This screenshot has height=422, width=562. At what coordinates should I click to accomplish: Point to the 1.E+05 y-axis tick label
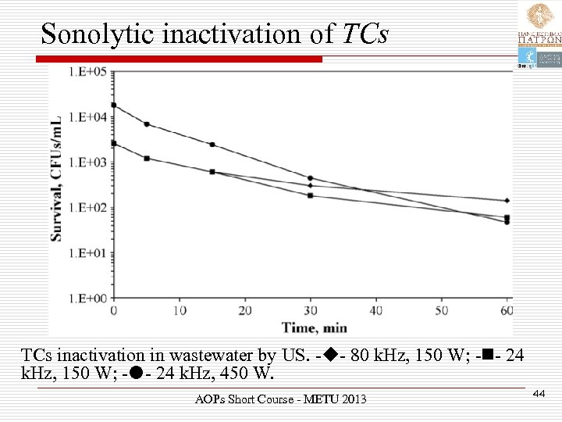click(88, 72)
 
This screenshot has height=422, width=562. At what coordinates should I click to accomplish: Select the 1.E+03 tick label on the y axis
click(88, 163)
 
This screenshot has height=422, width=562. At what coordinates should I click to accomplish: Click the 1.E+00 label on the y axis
click(88, 299)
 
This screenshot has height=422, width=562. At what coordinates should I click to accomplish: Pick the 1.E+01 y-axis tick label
click(88, 253)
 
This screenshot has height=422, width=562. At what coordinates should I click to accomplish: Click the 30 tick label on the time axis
click(310, 311)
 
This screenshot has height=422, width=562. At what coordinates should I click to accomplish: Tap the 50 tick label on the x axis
click(442, 311)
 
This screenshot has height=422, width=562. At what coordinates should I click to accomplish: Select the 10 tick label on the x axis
click(179, 311)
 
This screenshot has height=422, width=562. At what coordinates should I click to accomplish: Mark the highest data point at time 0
click(114, 105)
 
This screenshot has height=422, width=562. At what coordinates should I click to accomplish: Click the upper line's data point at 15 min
click(212, 145)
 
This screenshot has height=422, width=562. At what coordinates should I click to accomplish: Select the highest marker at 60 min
click(507, 201)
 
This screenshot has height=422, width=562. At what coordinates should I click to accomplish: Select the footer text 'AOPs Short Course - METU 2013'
click(280, 400)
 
